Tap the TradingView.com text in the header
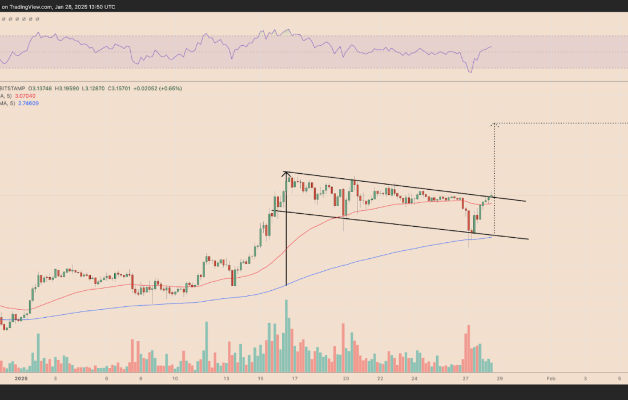click(32, 6)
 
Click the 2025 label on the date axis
click(21, 378)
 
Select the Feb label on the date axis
click(550, 378)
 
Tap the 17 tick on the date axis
click(295, 378)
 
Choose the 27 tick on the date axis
click(466, 378)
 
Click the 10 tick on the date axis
click(175, 378)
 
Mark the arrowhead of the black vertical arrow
click(286, 173)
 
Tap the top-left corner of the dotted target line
click(494, 123)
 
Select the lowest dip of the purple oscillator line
click(470, 72)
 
